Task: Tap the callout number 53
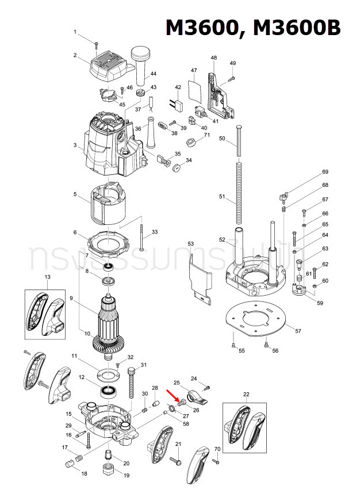click(191, 244)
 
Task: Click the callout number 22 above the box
click(246, 393)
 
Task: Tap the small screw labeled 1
click(97, 43)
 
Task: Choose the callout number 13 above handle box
click(47, 277)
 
